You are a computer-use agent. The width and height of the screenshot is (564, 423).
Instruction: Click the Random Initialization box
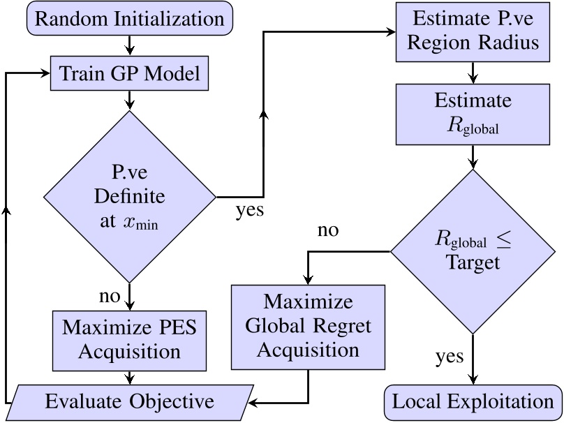click(130, 18)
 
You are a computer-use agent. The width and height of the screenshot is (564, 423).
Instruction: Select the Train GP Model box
click(130, 73)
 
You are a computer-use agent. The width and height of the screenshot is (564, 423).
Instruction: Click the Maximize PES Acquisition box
click(130, 340)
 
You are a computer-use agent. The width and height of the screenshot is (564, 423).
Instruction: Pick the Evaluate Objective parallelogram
click(130, 402)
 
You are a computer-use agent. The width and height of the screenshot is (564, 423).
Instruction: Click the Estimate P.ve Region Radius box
click(474, 31)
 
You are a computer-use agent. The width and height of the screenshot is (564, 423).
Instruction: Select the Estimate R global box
click(474, 114)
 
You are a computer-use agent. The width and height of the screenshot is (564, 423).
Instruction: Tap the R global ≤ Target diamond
click(474, 251)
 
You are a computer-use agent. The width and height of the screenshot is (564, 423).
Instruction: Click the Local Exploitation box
click(474, 402)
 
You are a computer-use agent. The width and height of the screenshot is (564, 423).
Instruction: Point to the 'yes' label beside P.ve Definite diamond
click(249, 209)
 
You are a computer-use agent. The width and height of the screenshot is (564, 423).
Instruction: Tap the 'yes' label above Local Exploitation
click(450, 357)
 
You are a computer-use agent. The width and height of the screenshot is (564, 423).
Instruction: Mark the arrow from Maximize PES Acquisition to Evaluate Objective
click(130, 377)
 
